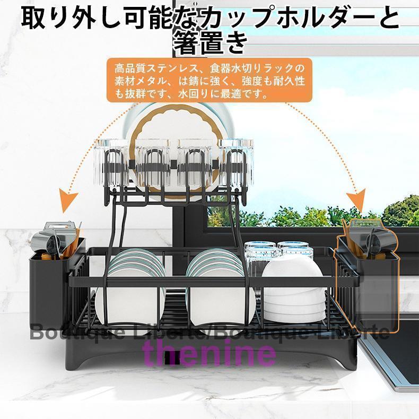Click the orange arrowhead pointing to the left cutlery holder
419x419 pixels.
(x=68, y=202)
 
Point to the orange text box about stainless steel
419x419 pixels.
(x=209, y=80)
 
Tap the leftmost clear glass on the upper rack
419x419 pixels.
(x=111, y=163)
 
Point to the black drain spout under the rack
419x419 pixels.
(x=170, y=357)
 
